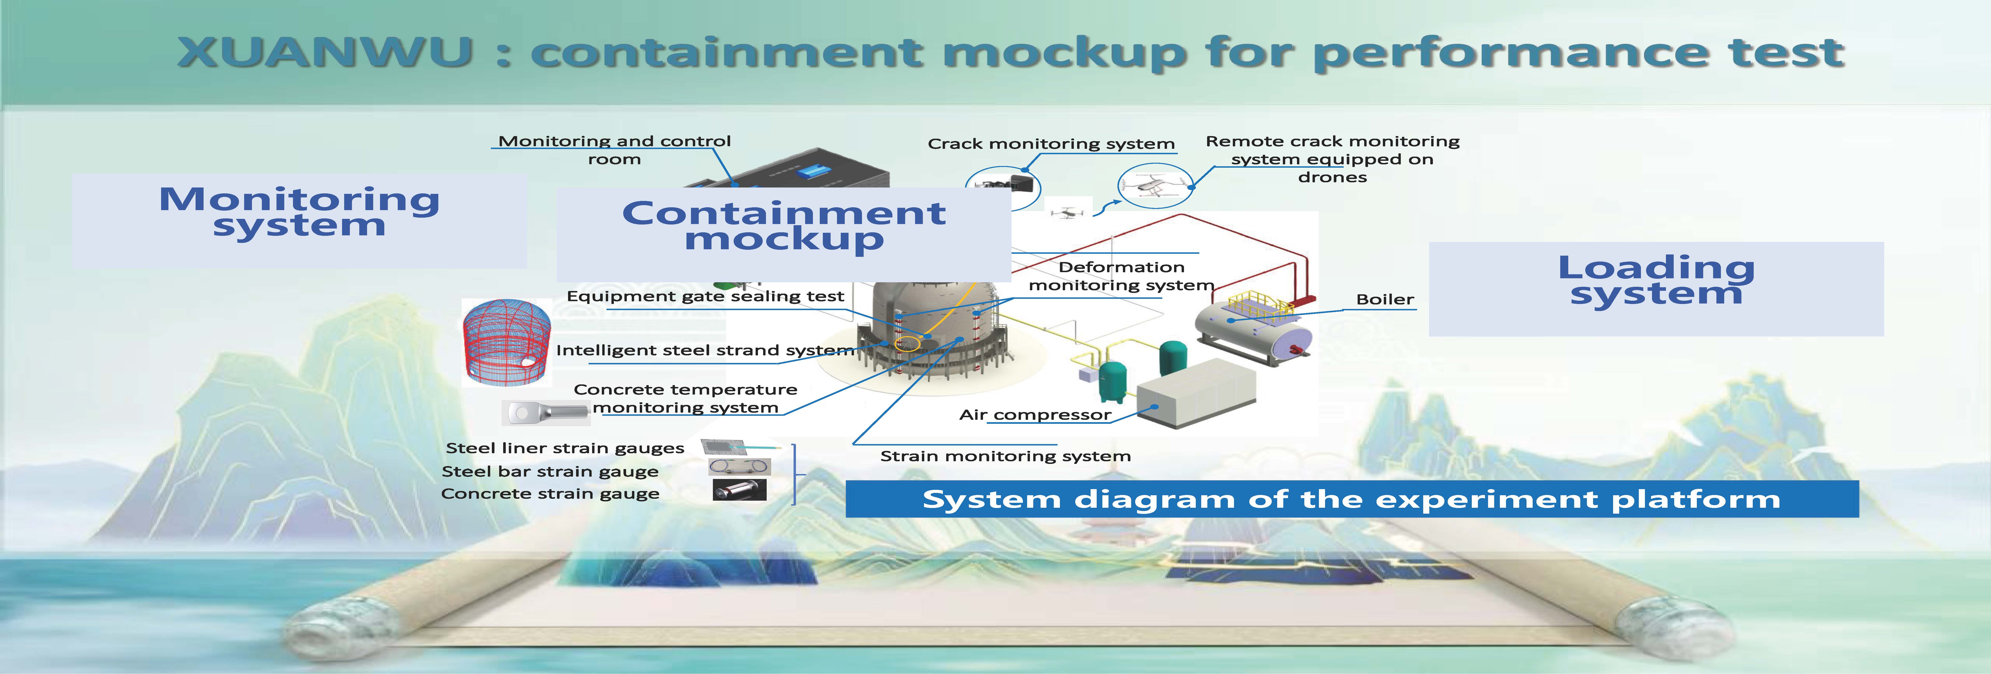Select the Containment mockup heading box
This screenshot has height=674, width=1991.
pyautogui.click(x=784, y=234)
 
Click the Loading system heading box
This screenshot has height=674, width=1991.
pyautogui.click(x=1656, y=288)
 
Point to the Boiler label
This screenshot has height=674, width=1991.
pyautogui.click(x=1385, y=299)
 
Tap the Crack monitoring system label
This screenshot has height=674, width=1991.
pyautogui.click(x=1051, y=144)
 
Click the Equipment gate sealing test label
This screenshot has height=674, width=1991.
pyautogui.click(x=705, y=296)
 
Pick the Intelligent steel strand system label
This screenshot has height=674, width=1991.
pyautogui.click(x=705, y=350)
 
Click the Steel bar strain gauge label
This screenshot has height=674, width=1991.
pyautogui.click(x=550, y=471)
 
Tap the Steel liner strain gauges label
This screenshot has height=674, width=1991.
pyautogui.click(x=565, y=448)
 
